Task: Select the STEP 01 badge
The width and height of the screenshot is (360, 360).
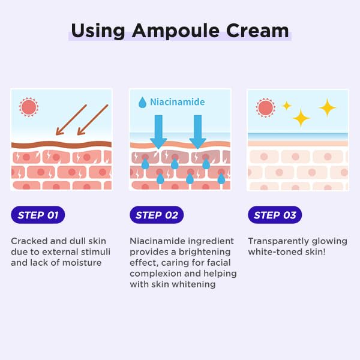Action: (x=38, y=215)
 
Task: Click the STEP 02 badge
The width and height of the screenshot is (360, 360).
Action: (x=157, y=215)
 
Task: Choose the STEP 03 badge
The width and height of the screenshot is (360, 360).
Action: (x=275, y=215)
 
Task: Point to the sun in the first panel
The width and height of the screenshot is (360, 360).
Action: (x=28, y=107)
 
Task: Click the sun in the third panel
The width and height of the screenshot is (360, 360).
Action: (x=265, y=108)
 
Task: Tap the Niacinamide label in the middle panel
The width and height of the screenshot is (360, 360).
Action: (x=177, y=102)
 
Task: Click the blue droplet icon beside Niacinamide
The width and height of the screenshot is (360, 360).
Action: (x=142, y=103)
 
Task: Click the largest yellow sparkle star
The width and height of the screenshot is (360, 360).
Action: (x=328, y=108)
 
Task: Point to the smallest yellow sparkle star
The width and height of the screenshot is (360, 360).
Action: (x=287, y=106)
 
